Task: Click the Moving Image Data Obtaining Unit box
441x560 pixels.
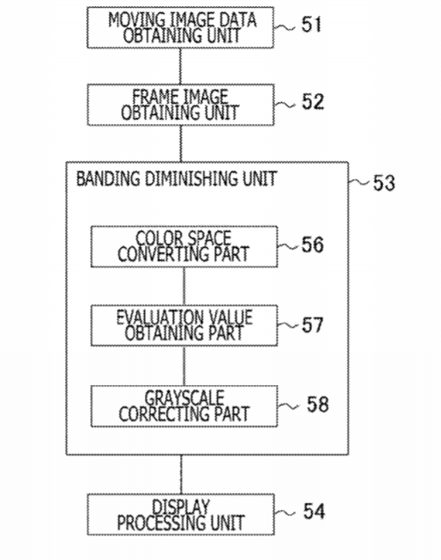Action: [181, 27]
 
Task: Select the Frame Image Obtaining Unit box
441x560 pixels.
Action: [181, 105]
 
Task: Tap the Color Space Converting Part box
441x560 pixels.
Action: [184, 246]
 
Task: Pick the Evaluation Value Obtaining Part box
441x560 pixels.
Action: [184, 325]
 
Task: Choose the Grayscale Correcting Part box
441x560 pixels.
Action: [184, 406]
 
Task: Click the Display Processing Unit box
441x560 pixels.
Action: [181, 514]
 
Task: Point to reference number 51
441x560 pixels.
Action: [312, 25]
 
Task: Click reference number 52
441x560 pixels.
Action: [313, 102]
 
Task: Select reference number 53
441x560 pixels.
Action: [384, 183]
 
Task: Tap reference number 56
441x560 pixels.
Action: [313, 245]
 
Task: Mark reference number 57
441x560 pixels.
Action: [313, 325]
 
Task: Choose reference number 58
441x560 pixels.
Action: [317, 404]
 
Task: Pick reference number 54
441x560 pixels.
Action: [314, 511]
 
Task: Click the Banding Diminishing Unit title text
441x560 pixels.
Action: [177, 178]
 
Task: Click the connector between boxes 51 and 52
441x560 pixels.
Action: [181, 66]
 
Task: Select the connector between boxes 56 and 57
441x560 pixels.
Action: [184, 286]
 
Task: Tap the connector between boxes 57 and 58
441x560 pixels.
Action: [184, 366]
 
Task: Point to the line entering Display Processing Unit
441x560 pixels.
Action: [181, 475]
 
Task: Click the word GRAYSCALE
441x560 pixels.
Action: [184, 398]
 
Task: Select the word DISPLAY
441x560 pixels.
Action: [181, 506]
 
